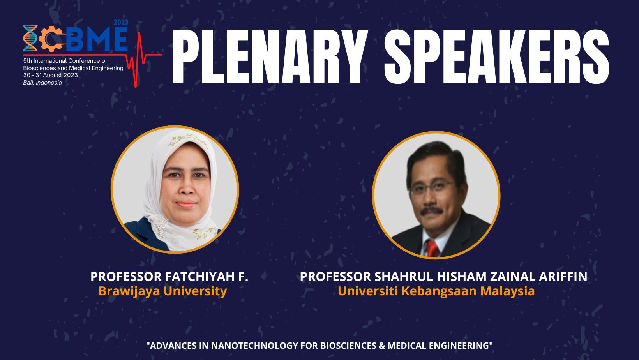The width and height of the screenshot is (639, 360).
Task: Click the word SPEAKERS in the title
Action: [497, 56]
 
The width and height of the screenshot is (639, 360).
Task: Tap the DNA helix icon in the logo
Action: [30, 38]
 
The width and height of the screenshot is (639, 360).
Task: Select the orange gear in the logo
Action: [51, 39]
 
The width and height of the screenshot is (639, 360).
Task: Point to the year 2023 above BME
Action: [121, 22]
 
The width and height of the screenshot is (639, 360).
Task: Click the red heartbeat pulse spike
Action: [139, 60]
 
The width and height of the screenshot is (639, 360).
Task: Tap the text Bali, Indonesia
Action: [42, 83]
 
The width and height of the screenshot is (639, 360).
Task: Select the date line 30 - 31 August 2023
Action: [51, 75]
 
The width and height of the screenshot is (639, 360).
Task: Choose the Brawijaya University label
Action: [162, 291]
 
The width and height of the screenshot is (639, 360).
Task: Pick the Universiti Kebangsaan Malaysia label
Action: [436, 291]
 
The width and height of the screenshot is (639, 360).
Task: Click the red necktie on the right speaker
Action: [432, 248]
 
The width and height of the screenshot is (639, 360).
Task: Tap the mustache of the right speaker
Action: [431, 212]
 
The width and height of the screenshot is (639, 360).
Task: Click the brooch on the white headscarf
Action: [162, 226]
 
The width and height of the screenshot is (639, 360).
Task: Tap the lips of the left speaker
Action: [186, 204]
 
